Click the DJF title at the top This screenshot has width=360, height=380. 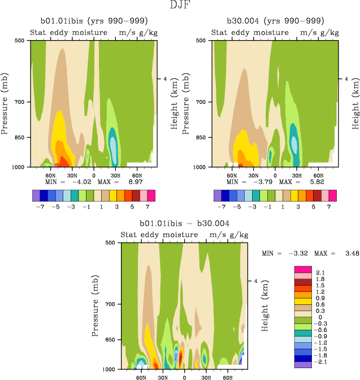[x=180, y=6]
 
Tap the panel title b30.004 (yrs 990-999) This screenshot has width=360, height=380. [x=275, y=21]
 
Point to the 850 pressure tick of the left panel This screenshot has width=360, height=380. [x=18, y=137]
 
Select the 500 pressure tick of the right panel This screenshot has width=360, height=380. [x=200, y=41]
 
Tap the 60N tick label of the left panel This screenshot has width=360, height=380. [x=50, y=175]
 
